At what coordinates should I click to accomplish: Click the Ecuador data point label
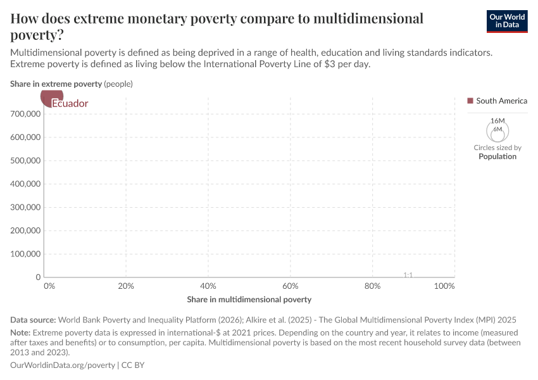pyautogui.click(x=70, y=103)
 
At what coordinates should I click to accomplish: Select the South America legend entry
pyautogui.click(x=497, y=101)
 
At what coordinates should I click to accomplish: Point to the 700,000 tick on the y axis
pyautogui.click(x=26, y=114)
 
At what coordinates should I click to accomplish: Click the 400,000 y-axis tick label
pyautogui.click(x=26, y=184)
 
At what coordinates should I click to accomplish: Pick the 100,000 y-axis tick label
pyautogui.click(x=26, y=254)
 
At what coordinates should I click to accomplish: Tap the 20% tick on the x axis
pyautogui.click(x=127, y=286)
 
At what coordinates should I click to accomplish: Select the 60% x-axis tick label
pyautogui.click(x=291, y=286)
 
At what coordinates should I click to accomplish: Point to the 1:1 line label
pyautogui.click(x=408, y=275)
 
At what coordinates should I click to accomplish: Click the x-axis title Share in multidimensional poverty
pyautogui.click(x=249, y=299)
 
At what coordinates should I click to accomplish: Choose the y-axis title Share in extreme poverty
pyautogui.click(x=56, y=84)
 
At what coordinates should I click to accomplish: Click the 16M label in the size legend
pyautogui.click(x=497, y=121)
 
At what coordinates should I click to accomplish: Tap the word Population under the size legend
pyautogui.click(x=497, y=156)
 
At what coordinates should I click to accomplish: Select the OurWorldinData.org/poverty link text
pyautogui.click(x=63, y=365)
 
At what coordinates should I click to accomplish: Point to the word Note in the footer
pyautogui.click(x=20, y=332)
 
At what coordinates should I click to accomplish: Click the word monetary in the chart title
pyautogui.click(x=166, y=19)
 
